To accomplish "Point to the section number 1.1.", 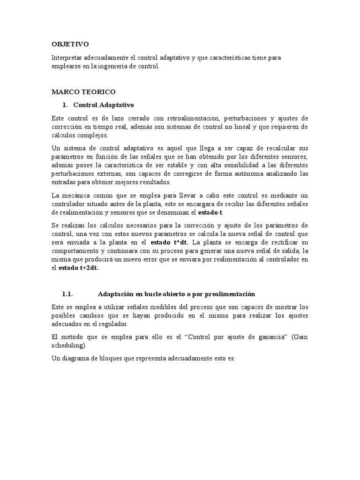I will point(68,294).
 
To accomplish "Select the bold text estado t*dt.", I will point(170,242).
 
